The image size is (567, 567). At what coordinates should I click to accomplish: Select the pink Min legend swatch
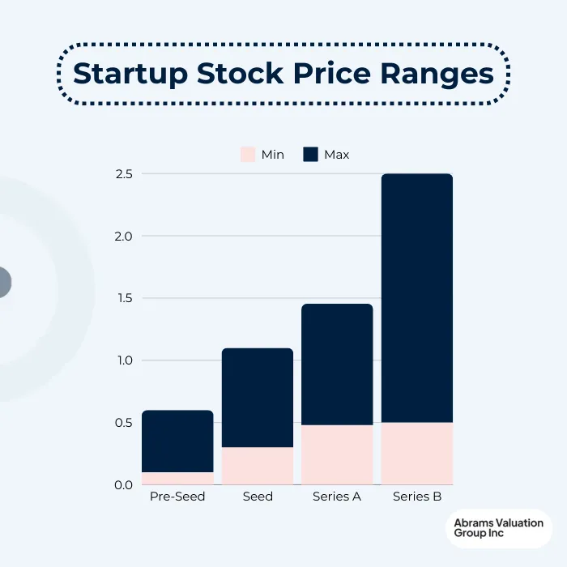coord(248,154)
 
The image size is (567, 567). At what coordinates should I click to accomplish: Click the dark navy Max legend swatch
coord(310,154)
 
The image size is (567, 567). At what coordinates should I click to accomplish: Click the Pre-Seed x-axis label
coord(177,497)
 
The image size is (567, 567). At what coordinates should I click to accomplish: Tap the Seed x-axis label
coord(258,497)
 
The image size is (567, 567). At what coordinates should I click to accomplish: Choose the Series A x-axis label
coord(337,497)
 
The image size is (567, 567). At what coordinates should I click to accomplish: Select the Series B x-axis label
coord(417,497)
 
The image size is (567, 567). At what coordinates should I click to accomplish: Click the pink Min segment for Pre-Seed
coord(177,479)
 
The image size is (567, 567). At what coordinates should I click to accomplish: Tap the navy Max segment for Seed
coord(258,398)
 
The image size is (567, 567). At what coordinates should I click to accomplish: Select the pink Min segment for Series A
coord(337,454)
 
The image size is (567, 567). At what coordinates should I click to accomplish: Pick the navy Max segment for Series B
coord(417,298)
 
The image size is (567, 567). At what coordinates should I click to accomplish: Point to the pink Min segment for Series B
coord(417,454)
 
